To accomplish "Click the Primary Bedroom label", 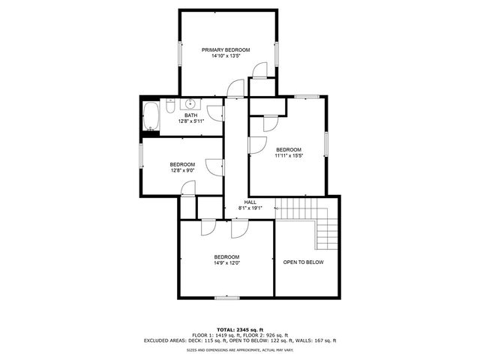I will coord(225,49).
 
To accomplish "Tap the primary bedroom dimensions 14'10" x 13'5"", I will coord(225,55).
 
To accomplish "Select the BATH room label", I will coord(191,115).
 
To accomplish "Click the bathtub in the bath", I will coord(150,117).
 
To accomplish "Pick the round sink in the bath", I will coord(190,103).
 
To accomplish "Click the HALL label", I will coord(250,202).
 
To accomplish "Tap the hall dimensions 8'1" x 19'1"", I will coord(250,208).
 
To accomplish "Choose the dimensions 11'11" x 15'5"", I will coord(288,155).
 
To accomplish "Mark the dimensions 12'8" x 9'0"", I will coord(182,170).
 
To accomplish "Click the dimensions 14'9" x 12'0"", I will coord(226,262).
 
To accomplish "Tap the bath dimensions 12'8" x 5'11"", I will coord(191,121).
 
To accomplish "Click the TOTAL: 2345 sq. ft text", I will coord(239,329).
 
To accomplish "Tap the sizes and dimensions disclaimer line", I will coord(239,349).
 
